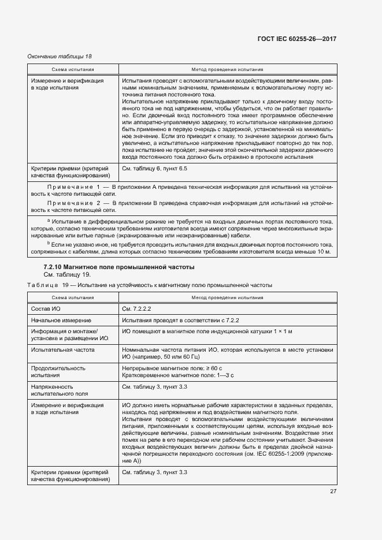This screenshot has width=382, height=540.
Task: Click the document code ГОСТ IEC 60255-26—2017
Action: (x=296, y=39)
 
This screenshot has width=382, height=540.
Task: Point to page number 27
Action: (x=333, y=491)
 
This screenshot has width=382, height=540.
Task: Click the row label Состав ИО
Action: (x=46, y=309)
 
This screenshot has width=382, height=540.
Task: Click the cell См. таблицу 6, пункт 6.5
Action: (x=155, y=169)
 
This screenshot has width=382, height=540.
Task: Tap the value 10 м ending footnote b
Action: (x=324, y=252)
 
